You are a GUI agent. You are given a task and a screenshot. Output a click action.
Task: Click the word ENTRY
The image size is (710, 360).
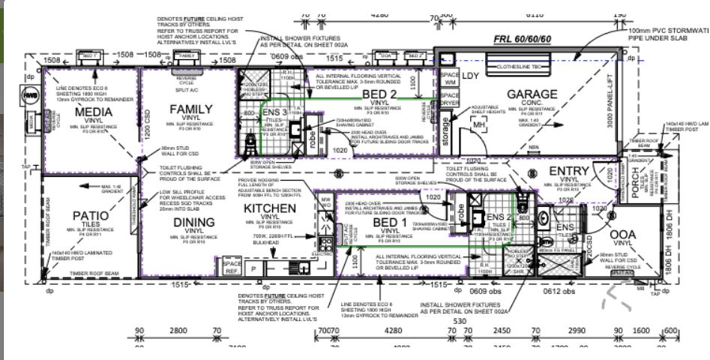[568, 172]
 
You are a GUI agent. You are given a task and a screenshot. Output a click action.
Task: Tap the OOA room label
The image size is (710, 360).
[622, 235]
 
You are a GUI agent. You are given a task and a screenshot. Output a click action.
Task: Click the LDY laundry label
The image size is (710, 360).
[470, 76]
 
